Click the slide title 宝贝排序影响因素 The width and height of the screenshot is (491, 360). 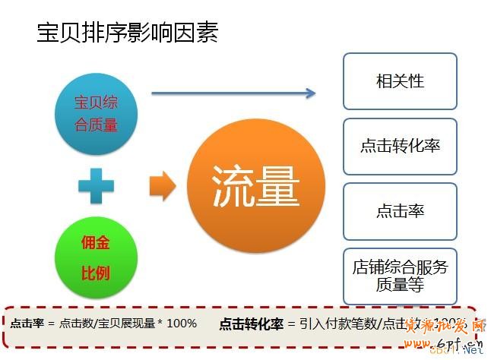click(127, 33)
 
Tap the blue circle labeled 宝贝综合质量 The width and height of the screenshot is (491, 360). click(97, 113)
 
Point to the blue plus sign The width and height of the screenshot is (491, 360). click(96, 185)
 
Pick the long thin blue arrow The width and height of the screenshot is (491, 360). click(233, 93)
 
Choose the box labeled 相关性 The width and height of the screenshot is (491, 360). click(400, 81)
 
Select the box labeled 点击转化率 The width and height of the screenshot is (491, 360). click(400, 146)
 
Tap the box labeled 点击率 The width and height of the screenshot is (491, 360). click(400, 210)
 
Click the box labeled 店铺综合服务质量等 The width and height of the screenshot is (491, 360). click(400, 276)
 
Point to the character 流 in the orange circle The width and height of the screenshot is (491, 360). click(233, 186)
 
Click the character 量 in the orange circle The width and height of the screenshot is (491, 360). click(278, 186)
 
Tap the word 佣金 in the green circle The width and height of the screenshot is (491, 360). click(96, 244)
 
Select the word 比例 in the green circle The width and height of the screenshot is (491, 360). click(96, 273)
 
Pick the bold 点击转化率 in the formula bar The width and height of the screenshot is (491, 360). click(251, 324)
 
